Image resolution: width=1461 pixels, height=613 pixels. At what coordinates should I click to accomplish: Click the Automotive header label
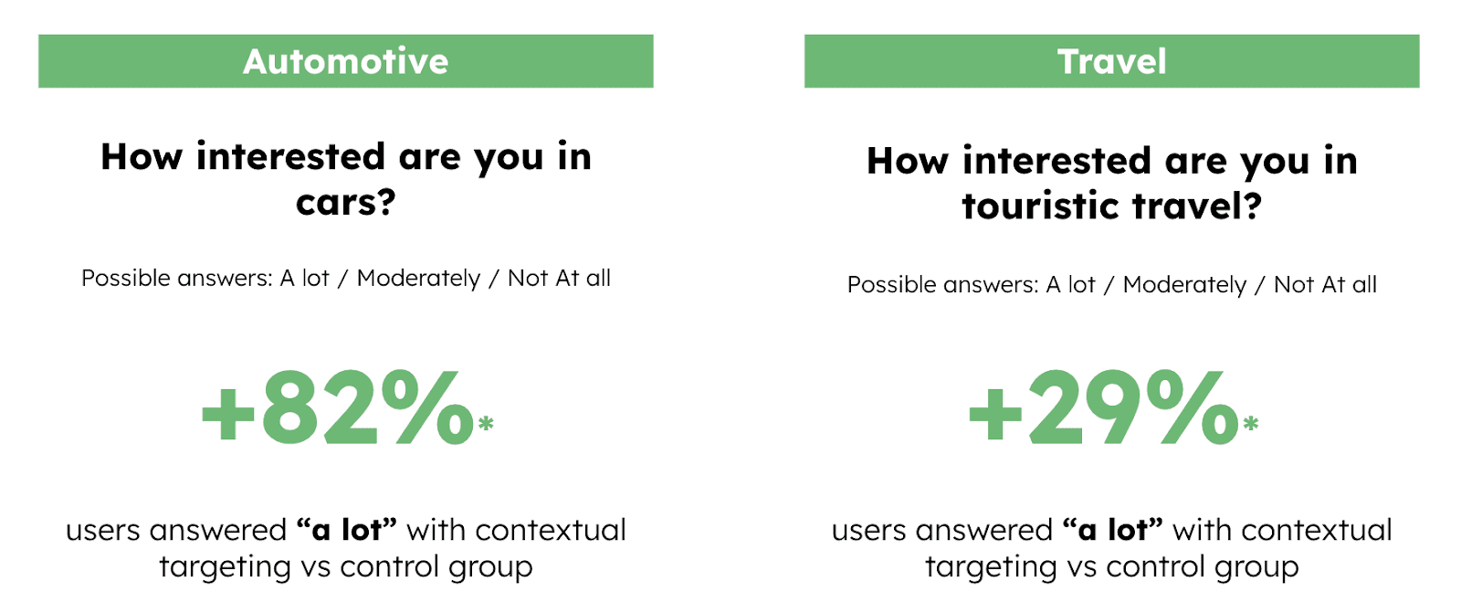(x=346, y=61)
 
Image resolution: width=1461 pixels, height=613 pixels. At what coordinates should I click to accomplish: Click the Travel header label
(x=1111, y=61)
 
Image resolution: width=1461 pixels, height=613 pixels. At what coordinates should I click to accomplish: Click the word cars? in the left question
(x=346, y=203)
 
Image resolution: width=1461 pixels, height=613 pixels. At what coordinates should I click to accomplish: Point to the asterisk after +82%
(x=485, y=424)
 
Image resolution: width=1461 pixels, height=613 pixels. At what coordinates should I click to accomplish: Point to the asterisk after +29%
(x=1250, y=424)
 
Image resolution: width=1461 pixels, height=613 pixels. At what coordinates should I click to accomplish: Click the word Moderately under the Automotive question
(x=418, y=279)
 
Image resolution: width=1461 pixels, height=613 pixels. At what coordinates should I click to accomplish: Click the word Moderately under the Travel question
(x=1184, y=285)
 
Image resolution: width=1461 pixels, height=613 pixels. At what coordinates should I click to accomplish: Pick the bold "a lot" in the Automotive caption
(x=346, y=530)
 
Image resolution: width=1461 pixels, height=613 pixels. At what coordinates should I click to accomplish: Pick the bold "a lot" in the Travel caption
(x=1113, y=530)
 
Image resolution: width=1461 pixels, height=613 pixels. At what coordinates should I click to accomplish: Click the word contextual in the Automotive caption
(x=551, y=530)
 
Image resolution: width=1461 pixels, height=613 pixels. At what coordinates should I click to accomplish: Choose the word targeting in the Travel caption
(x=991, y=566)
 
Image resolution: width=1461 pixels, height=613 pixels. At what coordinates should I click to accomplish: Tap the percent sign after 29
(x=1193, y=407)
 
